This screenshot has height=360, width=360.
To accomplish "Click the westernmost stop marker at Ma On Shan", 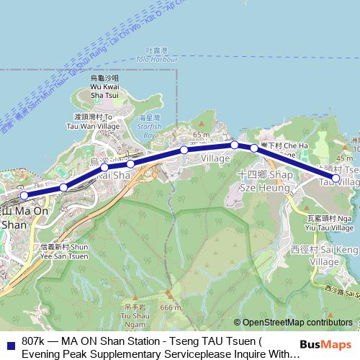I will click(x=24, y=194).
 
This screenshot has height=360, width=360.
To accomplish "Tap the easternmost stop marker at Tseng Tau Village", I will click(x=335, y=177).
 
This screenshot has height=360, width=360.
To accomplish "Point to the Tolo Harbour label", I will click(x=156, y=55).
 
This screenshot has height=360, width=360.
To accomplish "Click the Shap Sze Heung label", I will click(x=264, y=180).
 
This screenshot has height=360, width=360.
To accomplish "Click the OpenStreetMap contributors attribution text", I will click(x=299, y=323).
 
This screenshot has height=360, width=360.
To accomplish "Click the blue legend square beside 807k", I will click(x=9, y=342).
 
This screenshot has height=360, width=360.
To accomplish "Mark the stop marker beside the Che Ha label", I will click(x=254, y=148).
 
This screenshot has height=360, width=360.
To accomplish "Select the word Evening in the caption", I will click(x=41, y=354).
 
